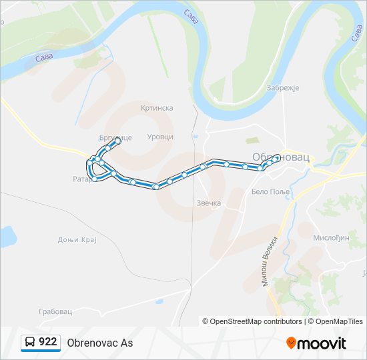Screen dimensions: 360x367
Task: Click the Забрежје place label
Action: click(283, 87)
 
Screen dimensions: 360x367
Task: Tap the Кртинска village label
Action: click(157, 107)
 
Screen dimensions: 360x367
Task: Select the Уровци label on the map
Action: click(160, 136)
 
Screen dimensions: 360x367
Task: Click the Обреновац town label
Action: click(281, 157)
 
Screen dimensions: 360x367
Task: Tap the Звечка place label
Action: click(209, 203)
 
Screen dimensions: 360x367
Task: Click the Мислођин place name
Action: click(331, 237)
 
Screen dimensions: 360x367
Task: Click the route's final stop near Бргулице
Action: click(118, 141)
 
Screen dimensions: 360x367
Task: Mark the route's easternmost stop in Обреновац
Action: click(276, 157)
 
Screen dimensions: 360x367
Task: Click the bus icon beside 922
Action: click(30, 342)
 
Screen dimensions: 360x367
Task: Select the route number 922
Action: click(47, 342)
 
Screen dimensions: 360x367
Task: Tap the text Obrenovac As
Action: click(100, 343)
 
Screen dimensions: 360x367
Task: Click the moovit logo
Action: click(316, 343)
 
